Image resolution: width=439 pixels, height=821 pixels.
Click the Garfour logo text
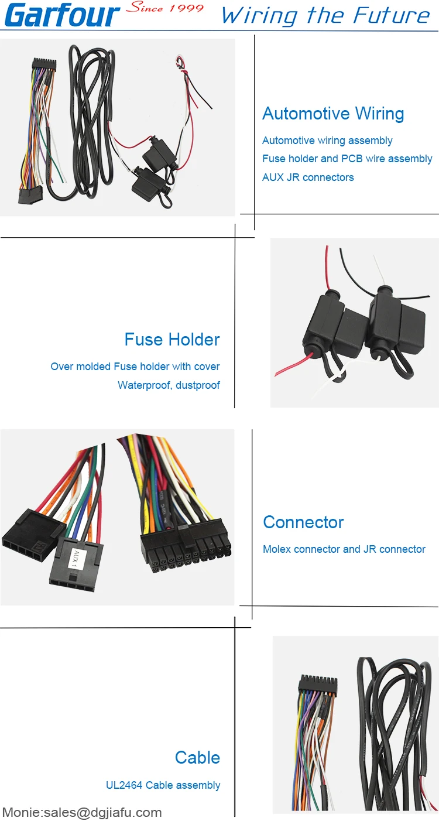(x=61, y=15)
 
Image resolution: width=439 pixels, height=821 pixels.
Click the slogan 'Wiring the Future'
(x=325, y=16)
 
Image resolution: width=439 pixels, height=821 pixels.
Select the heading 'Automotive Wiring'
(x=333, y=114)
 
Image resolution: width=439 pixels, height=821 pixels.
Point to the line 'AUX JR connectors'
(x=308, y=177)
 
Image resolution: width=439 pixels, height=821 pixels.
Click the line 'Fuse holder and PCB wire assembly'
(x=347, y=159)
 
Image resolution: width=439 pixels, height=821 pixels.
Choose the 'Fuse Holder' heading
(x=172, y=340)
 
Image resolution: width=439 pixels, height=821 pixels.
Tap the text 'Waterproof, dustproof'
(x=169, y=385)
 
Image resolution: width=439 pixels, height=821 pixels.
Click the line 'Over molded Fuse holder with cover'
(x=135, y=367)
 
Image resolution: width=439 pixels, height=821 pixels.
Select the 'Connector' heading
(x=303, y=522)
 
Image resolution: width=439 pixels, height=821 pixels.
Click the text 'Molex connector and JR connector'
(x=344, y=549)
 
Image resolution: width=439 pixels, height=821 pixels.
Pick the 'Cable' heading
(x=197, y=758)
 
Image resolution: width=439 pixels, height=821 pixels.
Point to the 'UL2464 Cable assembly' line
(x=163, y=785)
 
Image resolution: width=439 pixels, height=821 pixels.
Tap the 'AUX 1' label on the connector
(x=74, y=559)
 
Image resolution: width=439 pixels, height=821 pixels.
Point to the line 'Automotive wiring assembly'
(x=327, y=141)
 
